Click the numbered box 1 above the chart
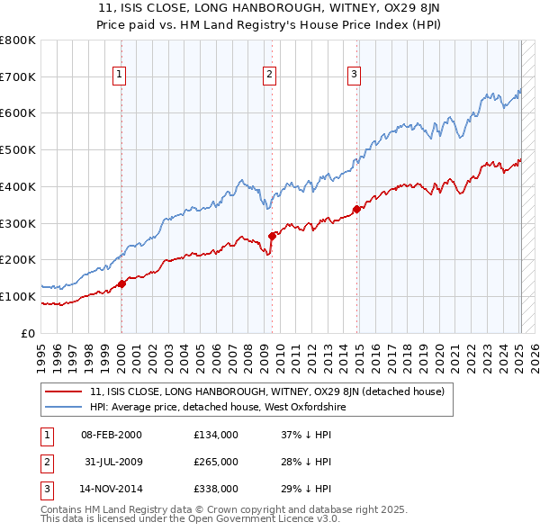[x=120, y=75]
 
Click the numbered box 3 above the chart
[x=355, y=75]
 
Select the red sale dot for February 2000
[x=121, y=284]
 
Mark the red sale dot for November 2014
[x=356, y=210]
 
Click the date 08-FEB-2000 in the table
[x=112, y=435]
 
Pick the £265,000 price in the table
[x=216, y=462]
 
